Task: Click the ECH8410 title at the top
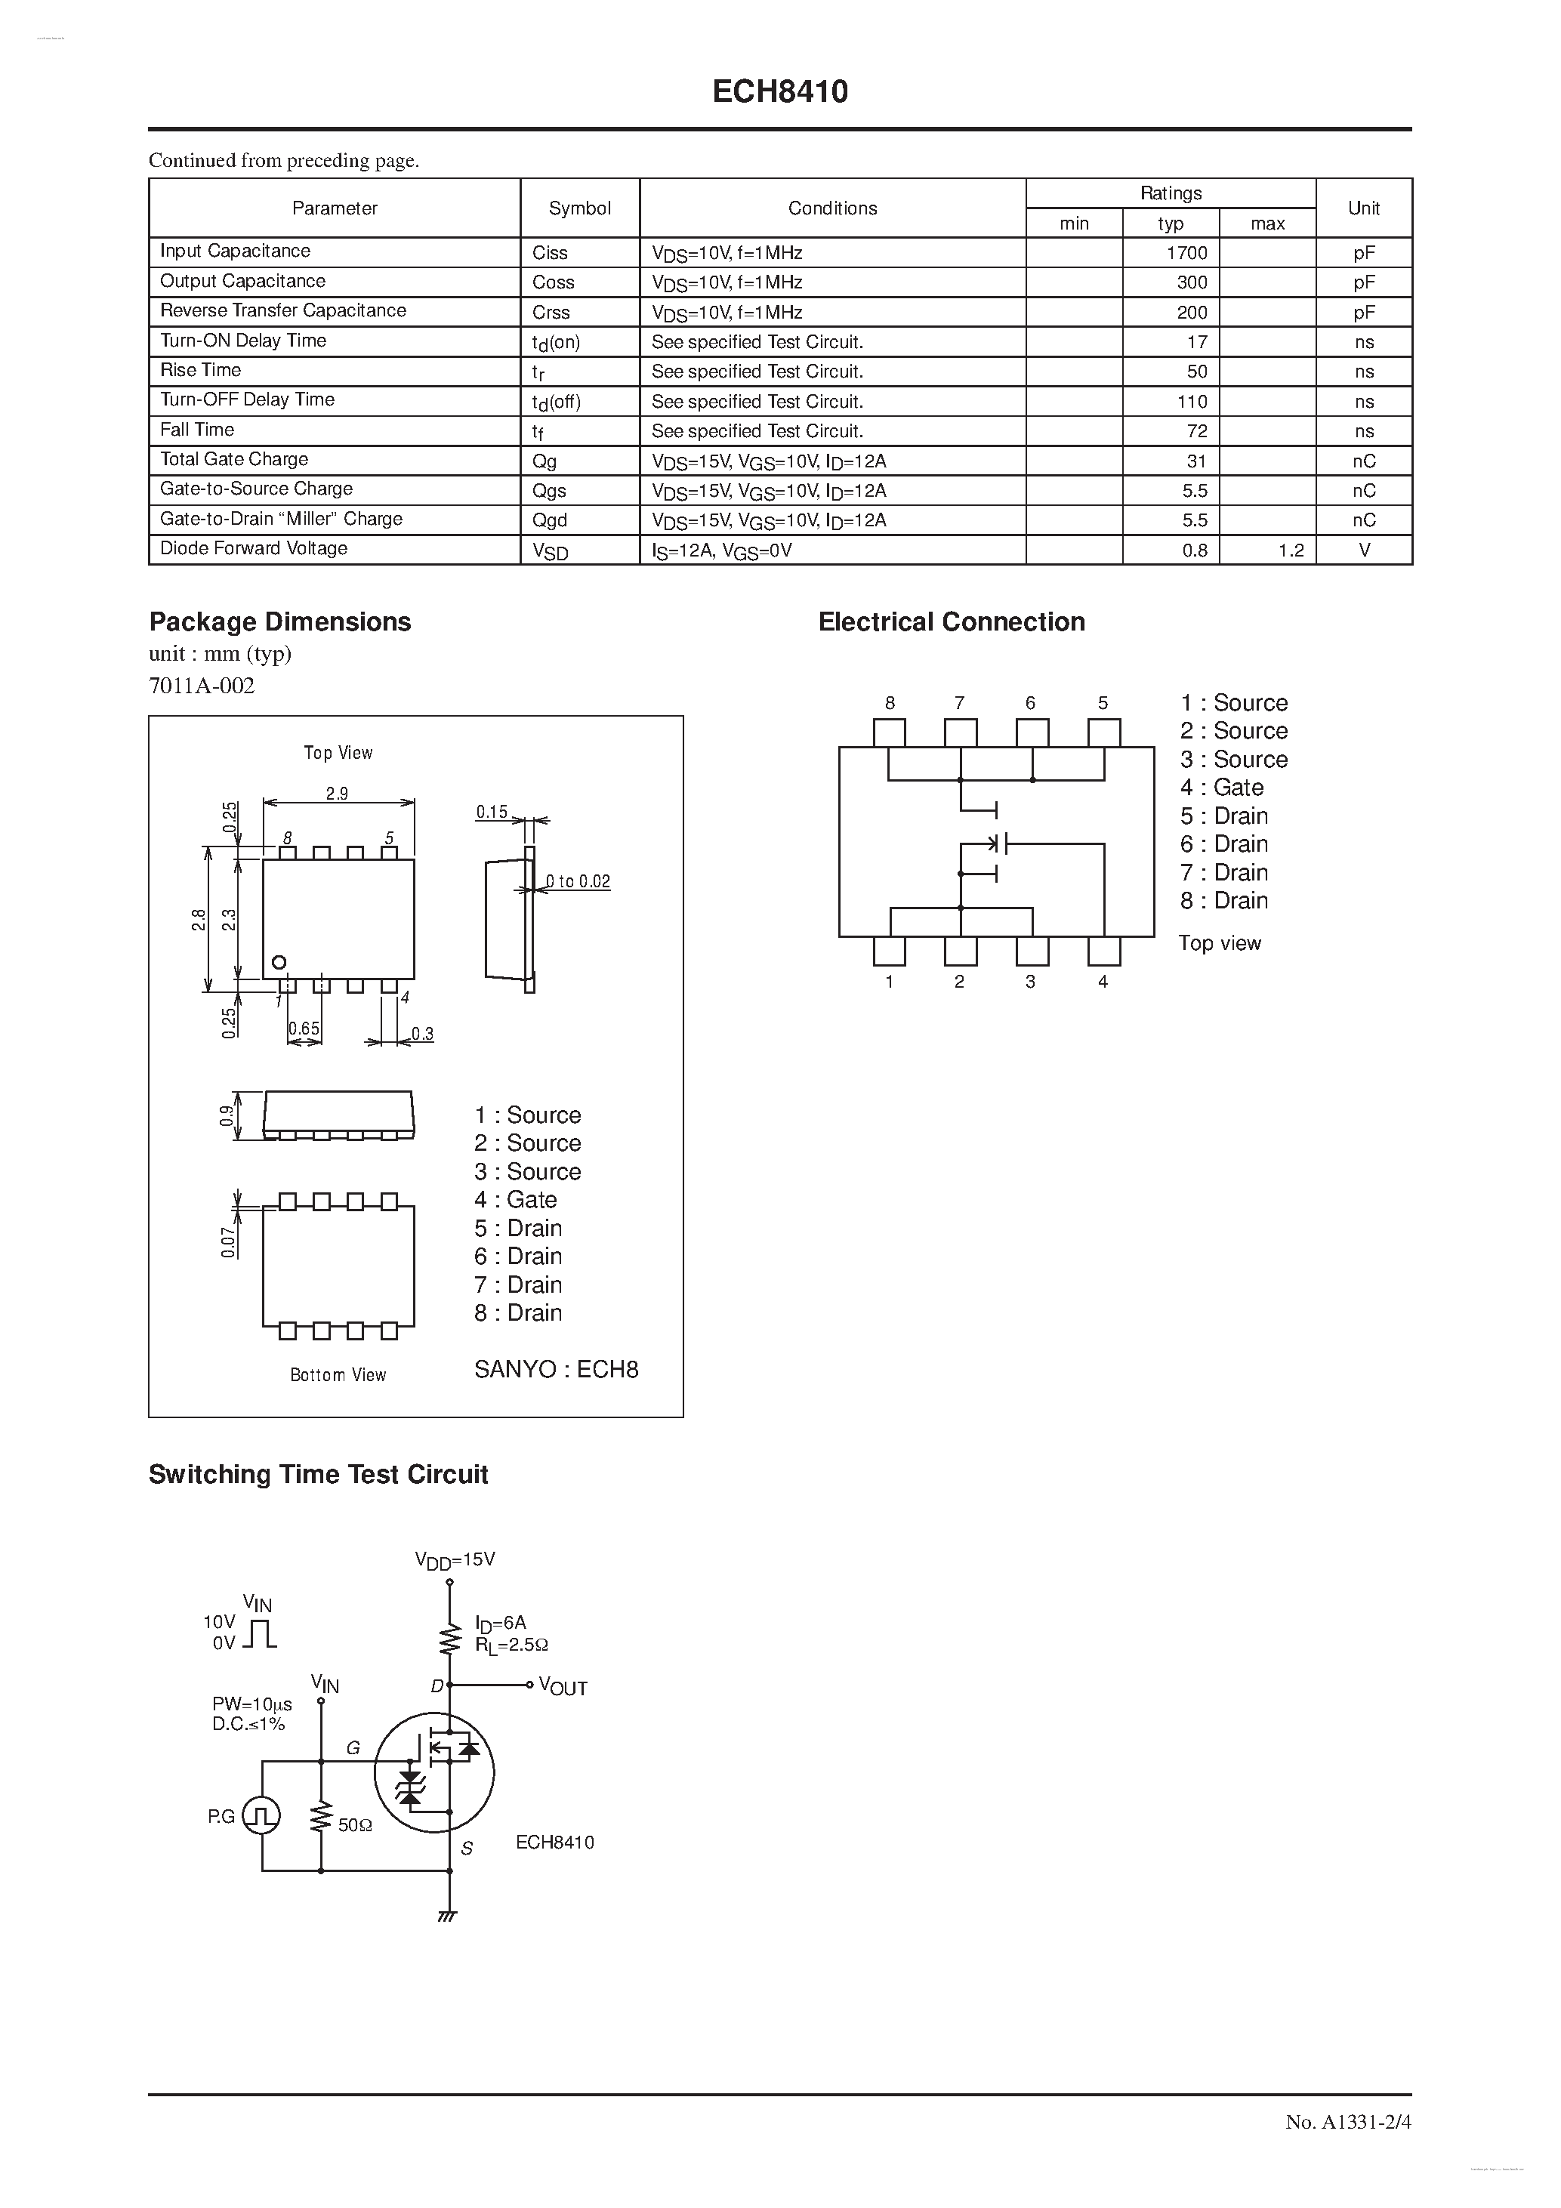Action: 780,92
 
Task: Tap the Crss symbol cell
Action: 551,313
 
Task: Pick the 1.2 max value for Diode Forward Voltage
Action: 1291,550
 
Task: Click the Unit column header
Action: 1363,208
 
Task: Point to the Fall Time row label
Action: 197,430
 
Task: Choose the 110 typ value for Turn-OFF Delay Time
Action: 1192,401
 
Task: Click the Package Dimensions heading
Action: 280,622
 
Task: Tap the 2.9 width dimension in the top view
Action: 337,794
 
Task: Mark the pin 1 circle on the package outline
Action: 279,962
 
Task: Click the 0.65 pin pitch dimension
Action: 304,1028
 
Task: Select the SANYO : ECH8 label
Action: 556,1369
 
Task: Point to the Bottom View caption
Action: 338,1375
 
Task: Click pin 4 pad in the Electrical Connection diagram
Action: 1104,951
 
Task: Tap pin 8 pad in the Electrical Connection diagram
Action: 890,732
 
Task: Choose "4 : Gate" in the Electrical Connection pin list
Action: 1221,788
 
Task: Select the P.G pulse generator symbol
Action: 261,1815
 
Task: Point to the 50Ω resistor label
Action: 355,1824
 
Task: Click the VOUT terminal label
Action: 563,1687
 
